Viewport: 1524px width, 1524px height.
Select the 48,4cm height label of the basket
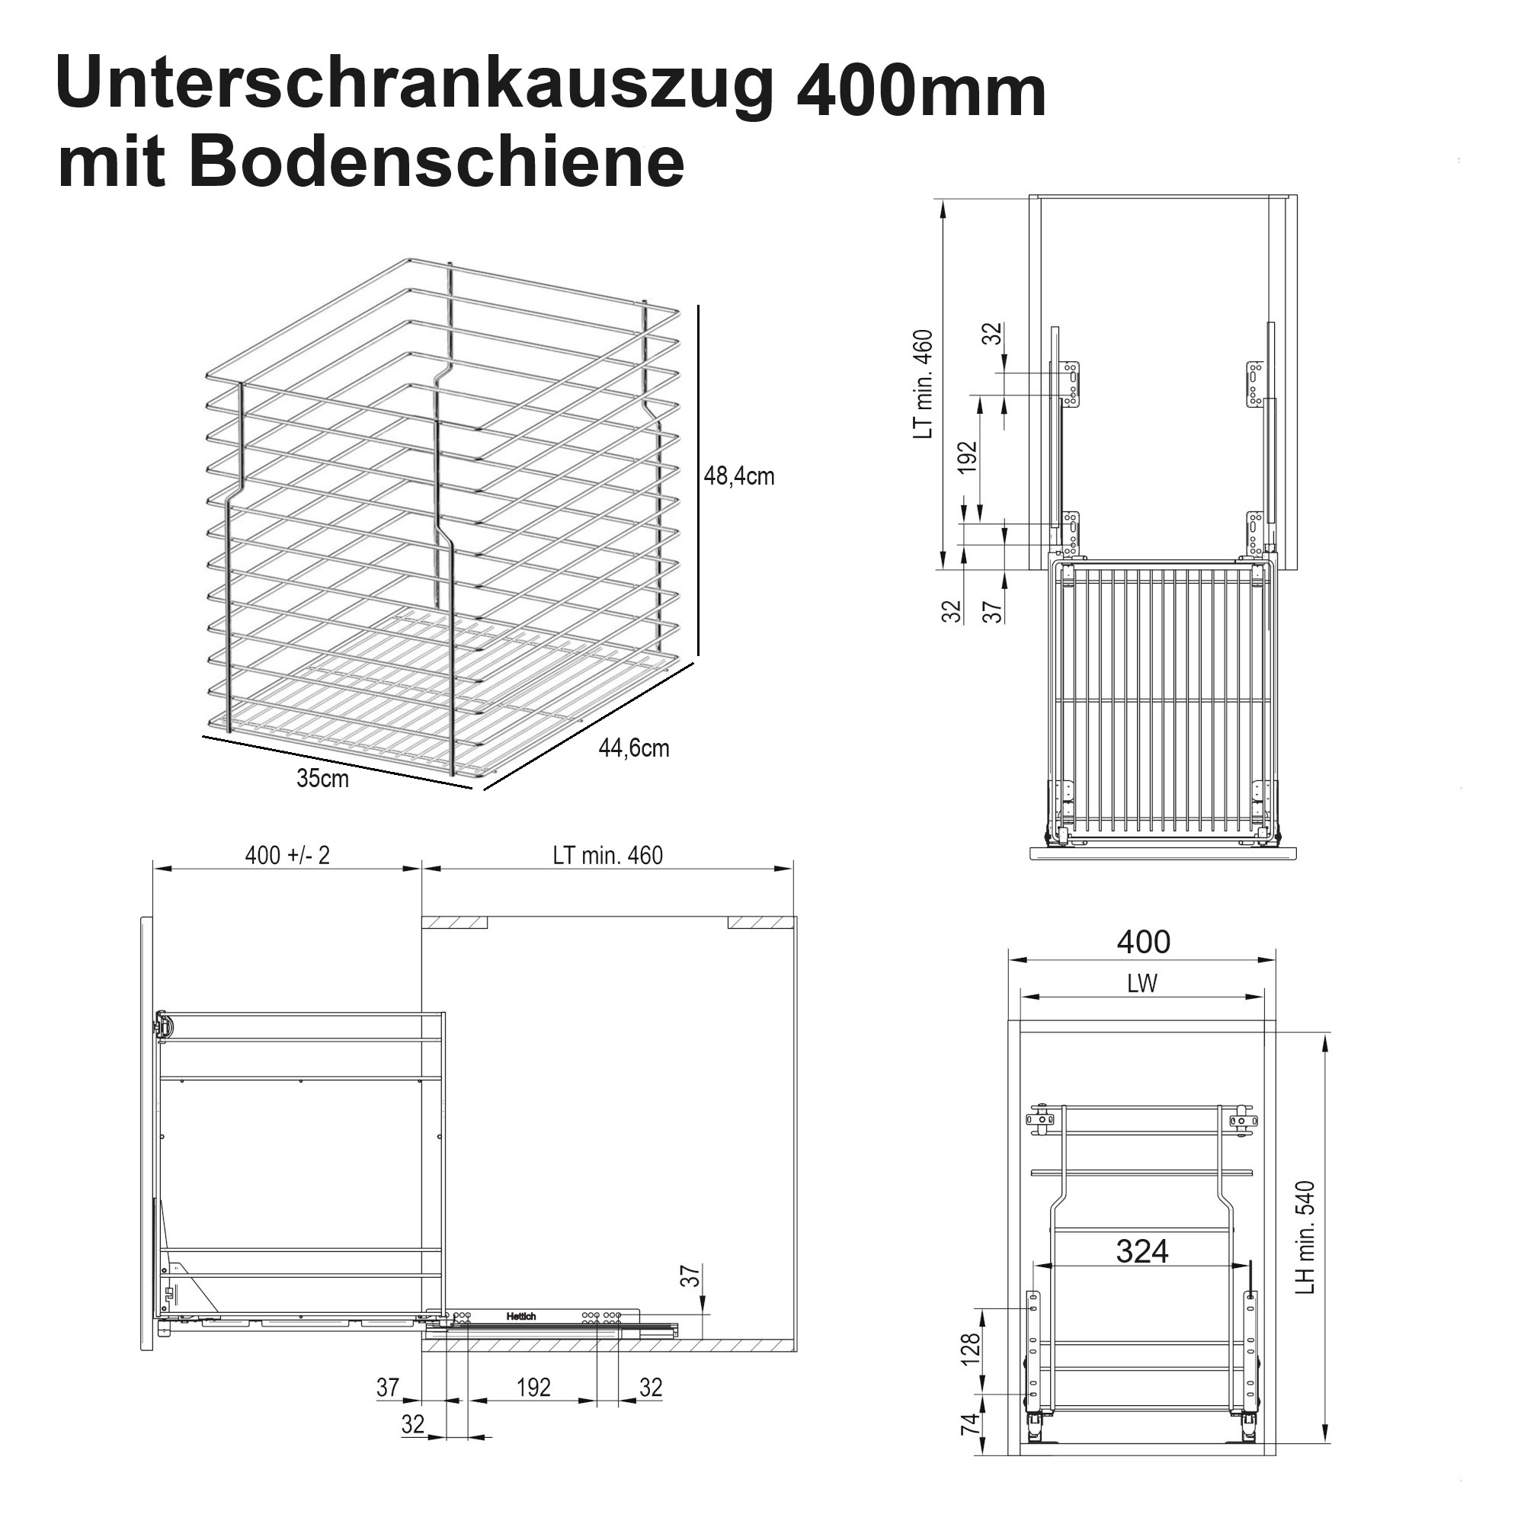pyautogui.click(x=738, y=476)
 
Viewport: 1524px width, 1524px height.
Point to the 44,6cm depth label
pyautogui.click(x=633, y=748)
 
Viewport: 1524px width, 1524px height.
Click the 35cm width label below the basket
pyautogui.click(x=322, y=779)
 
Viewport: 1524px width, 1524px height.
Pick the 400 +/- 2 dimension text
pyautogui.click(x=287, y=855)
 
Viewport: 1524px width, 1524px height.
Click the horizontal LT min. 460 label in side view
pyautogui.click(x=607, y=855)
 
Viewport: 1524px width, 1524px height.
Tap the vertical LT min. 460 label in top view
pyautogui.click(x=924, y=384)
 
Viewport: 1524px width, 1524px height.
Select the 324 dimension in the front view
pyautogui.click(x=1141, y=1251)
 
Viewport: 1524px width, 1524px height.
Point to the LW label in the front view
pyautogui.click(x=1141, y=984)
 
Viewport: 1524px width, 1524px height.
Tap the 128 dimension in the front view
pyautogui.click(x=971, y=1348)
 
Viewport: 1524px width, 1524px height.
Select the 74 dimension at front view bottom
pyautogui.click(x=971, y=1423)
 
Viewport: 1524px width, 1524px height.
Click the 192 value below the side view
pyautogui.click(x=533, y=1388)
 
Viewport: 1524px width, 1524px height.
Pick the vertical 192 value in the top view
pyautogui.click(x=968, y=456)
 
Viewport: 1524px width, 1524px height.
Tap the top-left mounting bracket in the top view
pyautogui.click(x=1071, y=384)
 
